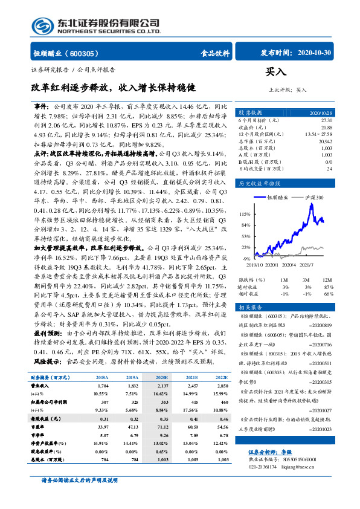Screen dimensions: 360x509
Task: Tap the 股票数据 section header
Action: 249,112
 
